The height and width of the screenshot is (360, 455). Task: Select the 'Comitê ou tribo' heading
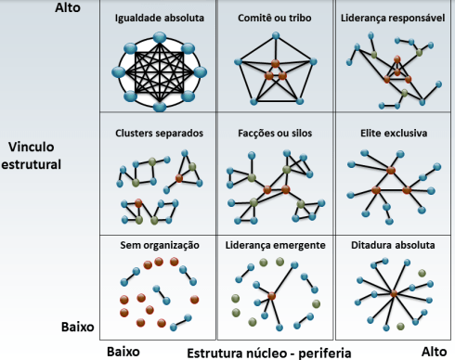tap(273, 18)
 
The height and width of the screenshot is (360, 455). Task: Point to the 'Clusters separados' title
tap(159, 134)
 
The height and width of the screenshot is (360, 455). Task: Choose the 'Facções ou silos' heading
tap(273, 134)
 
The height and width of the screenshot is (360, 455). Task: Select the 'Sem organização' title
tap(161, 246)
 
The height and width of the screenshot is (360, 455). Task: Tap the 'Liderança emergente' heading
tap(273, 246)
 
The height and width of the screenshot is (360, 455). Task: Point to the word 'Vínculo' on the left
tap(33, 148)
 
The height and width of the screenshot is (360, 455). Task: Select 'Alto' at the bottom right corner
tap(434, 352)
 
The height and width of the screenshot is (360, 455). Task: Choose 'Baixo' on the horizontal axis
tap(124, 352)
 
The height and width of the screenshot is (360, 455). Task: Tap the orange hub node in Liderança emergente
tap(272, 297)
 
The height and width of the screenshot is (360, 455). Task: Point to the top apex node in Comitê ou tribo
tap(275, 39)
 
